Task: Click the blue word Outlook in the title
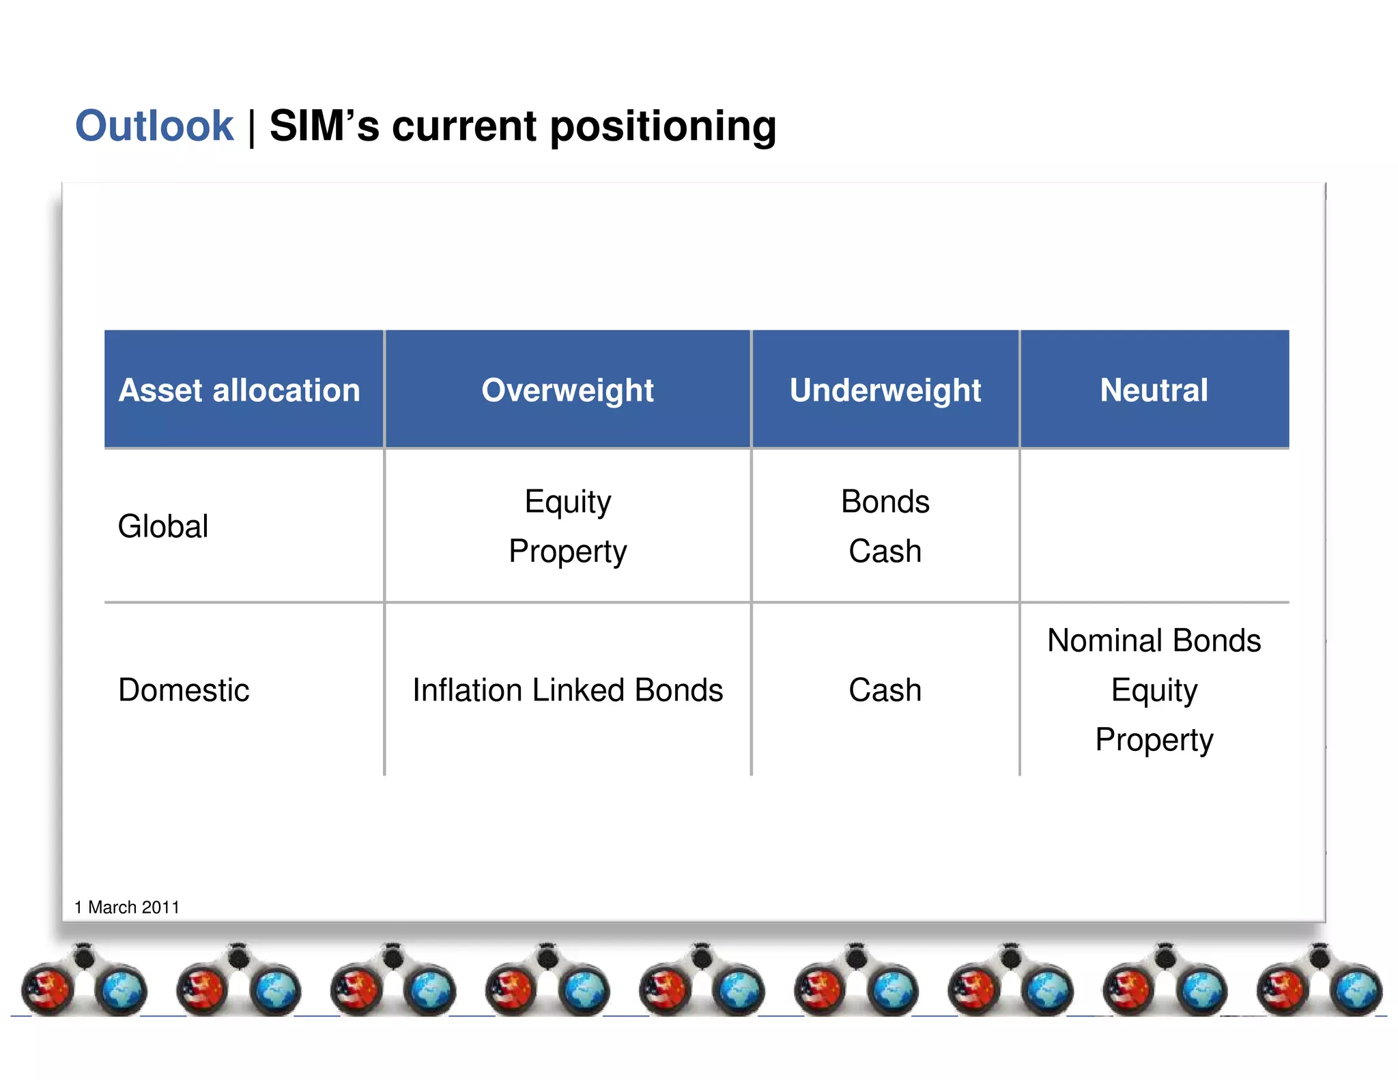tap(154, 126)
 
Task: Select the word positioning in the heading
tap(663, 126)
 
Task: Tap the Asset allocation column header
tap(239, 390)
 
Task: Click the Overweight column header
tap(567, 390)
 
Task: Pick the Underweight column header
tap(885, 390)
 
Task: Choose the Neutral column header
tap(1154, 390)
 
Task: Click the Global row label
tap(163, 526)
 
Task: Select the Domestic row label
tap(184, 690)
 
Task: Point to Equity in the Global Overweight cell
tap(567, 502)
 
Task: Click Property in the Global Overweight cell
tap(567, 552)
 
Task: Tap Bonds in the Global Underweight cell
tap(885, 502)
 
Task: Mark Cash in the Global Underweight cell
tap(885, 552)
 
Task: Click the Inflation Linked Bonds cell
tap(567, 690)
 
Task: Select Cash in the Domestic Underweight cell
tap(885, 690)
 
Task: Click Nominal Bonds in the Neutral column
tap(1154, 641)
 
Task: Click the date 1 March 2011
tap(127, 907)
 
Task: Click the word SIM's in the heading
tap(324, 126)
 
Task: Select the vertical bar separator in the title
tap(252, 128)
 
